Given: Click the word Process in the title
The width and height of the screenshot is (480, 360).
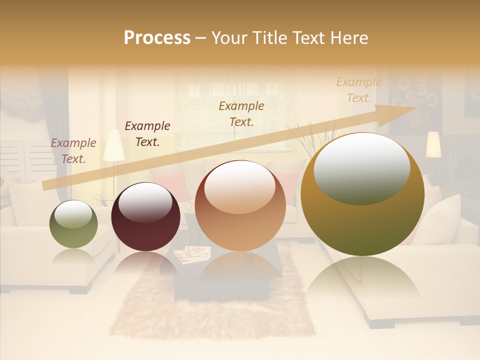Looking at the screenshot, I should pos(157,37).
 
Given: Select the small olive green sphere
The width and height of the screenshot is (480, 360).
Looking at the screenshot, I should pos(73,224).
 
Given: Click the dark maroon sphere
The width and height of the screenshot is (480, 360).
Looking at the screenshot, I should pos(145,216).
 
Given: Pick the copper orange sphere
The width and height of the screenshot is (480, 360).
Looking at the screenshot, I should pos(240,205).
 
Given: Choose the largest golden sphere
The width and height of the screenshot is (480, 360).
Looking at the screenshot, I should pos(362,195).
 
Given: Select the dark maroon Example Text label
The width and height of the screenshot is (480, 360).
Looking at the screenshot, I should pos(147,134).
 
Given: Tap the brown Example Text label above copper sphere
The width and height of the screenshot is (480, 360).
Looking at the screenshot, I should pos(241,113).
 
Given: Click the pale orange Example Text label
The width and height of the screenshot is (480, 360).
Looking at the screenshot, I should pos(358,90).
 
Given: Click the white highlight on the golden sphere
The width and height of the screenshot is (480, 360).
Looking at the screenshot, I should pos(361,168).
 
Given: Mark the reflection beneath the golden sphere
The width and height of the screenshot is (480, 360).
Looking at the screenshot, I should pos(362,280).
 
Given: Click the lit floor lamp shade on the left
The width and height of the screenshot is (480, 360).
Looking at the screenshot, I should pos(113,145).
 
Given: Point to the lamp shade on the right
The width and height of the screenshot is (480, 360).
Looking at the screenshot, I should pos(433,144).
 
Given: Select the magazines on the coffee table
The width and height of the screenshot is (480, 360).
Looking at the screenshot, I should pos(192,254).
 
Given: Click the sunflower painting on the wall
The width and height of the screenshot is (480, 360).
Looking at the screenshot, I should pos(414,100).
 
